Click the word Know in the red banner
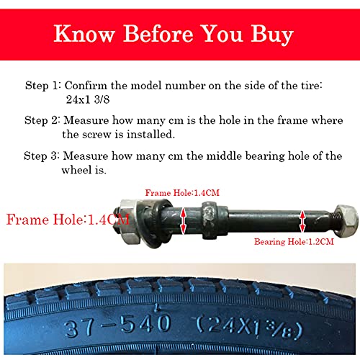84,34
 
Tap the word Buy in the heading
272,35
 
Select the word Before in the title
158,34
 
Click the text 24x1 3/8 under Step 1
88,99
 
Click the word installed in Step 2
150,135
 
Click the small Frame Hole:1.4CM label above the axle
182,193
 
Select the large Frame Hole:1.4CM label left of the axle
68,220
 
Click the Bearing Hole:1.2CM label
294,241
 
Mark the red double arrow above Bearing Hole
302,221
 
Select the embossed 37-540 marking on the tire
117,325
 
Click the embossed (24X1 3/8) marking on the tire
250,328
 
